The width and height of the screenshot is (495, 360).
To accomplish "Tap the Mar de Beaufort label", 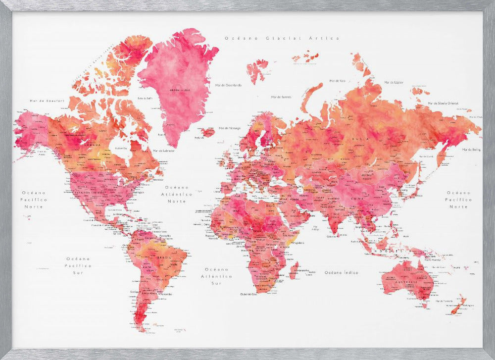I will click(x=48, y=101).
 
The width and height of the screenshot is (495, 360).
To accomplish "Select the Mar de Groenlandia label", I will click(x=228, y=85).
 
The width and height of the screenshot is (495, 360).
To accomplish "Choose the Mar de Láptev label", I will click(x=394, y=82).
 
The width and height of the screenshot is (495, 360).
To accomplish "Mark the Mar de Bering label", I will click(x=472, y=149).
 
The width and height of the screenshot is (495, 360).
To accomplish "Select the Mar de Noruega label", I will click(x=229, y=128).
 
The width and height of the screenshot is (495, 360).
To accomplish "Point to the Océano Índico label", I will click(x=342, y=272).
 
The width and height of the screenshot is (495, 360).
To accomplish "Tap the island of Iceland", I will click(x=208, y=132).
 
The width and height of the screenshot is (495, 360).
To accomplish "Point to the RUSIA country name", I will click(x=359, y=140).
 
